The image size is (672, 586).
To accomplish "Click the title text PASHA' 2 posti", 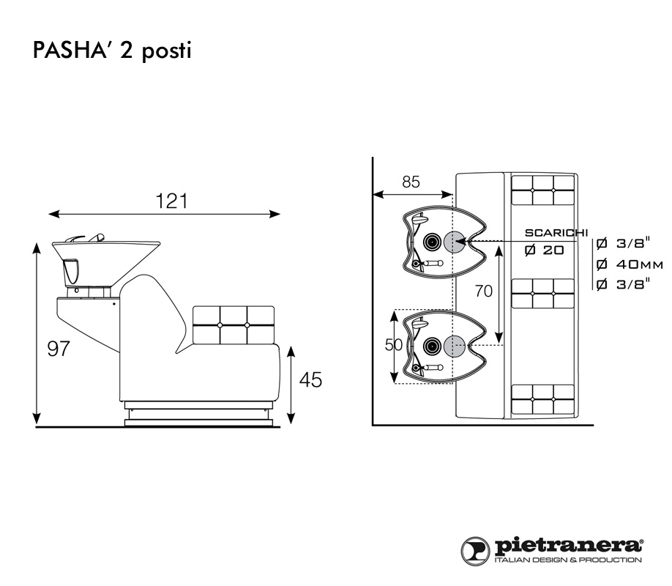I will click(111, 52).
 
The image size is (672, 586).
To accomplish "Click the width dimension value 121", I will click(171, 201).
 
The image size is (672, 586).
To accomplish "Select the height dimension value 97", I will click(58, 349).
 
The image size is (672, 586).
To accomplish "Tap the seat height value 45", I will click(310, 380).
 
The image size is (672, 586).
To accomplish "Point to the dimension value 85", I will click(411, 182).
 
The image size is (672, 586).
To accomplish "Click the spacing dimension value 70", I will click(483, 291).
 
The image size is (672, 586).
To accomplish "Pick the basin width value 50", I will click(393, 345).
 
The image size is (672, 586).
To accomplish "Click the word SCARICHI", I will click(556, 233).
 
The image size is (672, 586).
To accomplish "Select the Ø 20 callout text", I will click(544, 251).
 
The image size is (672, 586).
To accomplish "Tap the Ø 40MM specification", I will click(630, 264).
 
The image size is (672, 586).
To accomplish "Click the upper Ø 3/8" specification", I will click(623, 243).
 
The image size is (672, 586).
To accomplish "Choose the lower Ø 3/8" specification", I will click(623, 284).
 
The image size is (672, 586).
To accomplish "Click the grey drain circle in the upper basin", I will click(454, 242).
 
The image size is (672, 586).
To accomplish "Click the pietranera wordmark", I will click(570, 546).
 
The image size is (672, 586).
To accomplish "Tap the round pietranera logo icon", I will click(475, 550).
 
